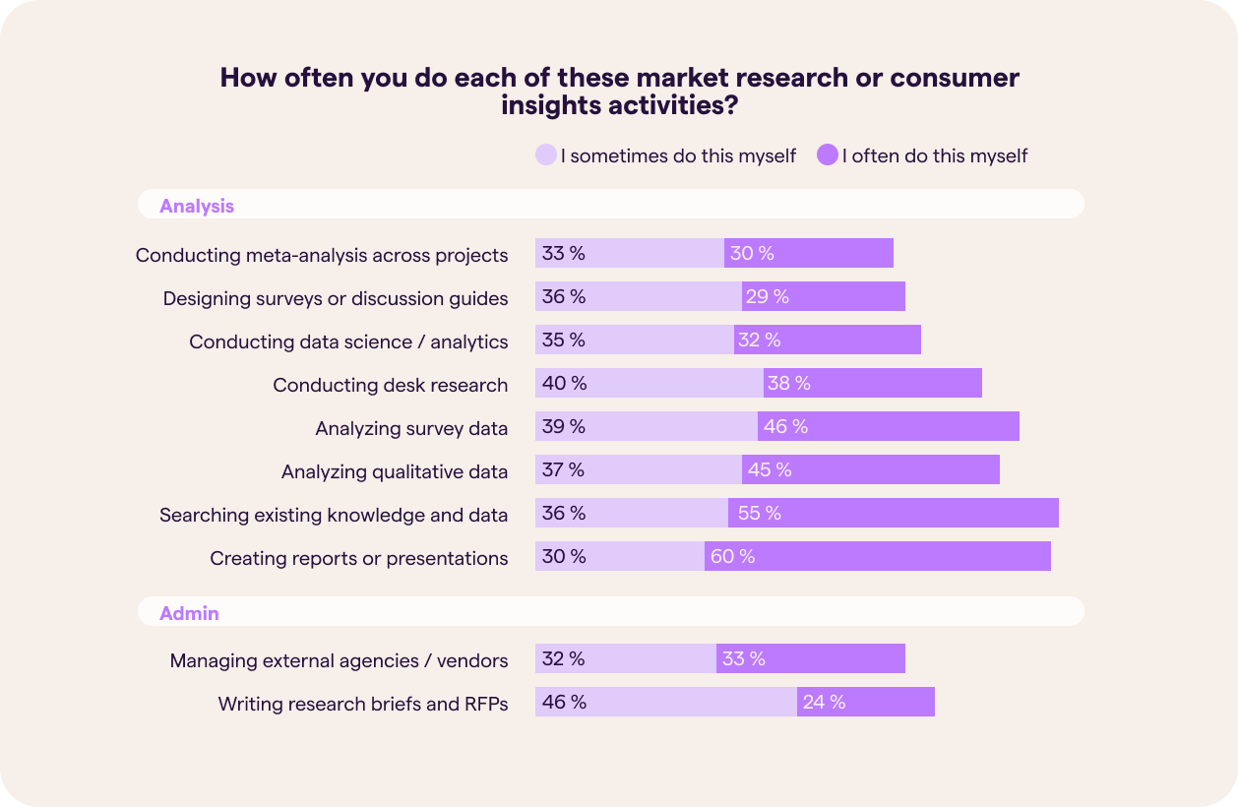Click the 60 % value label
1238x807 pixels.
pyautogui.click(x=732, y=557)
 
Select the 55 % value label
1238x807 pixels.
pyautogui.click(x=759, y=514)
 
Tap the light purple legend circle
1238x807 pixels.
pyautogui.click(x=545, y=155)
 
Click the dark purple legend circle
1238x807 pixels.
pyautogui.click(x=827, y=155)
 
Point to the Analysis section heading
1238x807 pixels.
pyautogui.click(x=197, y=206)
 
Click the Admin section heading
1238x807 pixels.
pyautogui.click(x=189, y=613)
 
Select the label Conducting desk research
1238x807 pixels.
pyautogui.click(x=390, y=385)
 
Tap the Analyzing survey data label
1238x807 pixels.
pyautogui.click(x=411, y=428)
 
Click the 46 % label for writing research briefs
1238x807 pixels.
pyautogui.click(x=564, y=702)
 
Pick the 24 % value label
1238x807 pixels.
pyautogui.click(x=824, y=702)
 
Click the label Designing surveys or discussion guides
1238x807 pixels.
pyautogui.click(x=336, y=298)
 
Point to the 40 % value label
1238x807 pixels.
pyautogui.click(x=564, y=383)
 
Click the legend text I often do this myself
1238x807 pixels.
pyautogui.click(x=934, y=155)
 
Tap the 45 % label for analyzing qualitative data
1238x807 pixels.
pyautogui.click(x=770, y=469)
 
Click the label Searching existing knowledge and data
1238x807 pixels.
pyautogui.click(x=334, y=515)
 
